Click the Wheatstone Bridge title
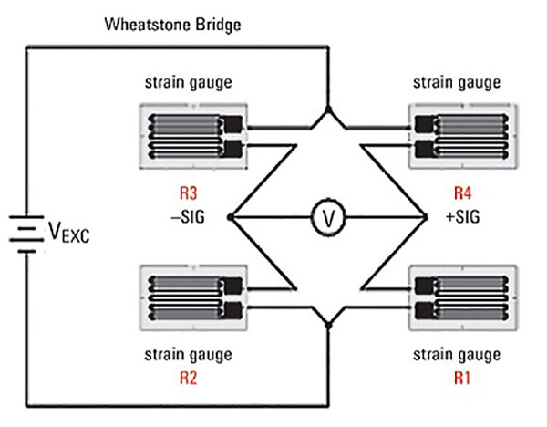172,25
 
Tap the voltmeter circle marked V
328,217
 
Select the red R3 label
189,193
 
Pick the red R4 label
463,193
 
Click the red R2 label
189,378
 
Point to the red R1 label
462,378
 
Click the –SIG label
188,217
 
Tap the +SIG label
463,217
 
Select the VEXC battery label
69,232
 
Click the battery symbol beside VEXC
26,234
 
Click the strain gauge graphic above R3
193,136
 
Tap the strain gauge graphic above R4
463,136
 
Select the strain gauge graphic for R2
193,297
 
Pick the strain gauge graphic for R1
463,297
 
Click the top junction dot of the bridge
328,109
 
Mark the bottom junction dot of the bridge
328,326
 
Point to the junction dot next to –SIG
231,217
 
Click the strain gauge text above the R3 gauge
189,83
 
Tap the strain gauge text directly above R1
457,356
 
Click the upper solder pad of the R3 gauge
232,124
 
